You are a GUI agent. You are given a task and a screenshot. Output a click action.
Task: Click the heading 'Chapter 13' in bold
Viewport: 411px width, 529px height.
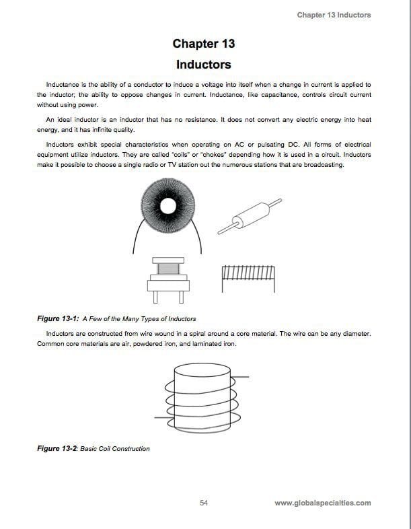click(x=204, y=44)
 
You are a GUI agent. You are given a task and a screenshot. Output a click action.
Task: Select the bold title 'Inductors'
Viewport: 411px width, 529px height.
click(x=204, y=65)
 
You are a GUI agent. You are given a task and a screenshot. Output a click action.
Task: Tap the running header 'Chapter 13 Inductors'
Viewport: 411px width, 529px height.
click(x=334, y=15)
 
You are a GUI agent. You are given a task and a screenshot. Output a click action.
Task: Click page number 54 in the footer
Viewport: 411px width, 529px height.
click(x=204, y=502)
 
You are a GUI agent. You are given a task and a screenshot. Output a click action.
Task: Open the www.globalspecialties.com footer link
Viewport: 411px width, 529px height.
click(x=323, y=502)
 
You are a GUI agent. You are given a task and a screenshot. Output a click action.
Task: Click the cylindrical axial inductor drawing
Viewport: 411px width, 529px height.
click(x=246, y=217)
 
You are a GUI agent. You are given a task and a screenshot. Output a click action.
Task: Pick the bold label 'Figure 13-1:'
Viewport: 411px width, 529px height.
click(x=59, y=318)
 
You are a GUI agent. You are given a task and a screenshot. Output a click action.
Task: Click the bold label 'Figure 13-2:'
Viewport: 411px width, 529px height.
click(x=59, y=448)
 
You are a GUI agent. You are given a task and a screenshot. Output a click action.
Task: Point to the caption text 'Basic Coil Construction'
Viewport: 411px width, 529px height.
click(x=115, y=448)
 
